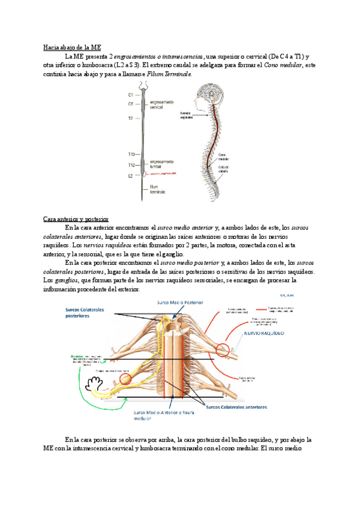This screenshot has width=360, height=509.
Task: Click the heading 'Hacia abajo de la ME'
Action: tap(72, 47)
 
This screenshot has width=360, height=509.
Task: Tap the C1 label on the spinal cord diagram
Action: tap(131, 94)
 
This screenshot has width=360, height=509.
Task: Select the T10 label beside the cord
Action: tap(131, 155)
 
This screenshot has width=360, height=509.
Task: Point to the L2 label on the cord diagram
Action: tap(131, 176)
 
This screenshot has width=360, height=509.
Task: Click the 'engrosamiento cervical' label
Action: tap(161, 106)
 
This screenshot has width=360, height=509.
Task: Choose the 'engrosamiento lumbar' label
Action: tap(162, 163)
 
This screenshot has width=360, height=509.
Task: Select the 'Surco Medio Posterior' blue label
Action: tap(181, 303)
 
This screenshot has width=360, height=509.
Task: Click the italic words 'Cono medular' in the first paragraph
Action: tap(284, 65)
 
